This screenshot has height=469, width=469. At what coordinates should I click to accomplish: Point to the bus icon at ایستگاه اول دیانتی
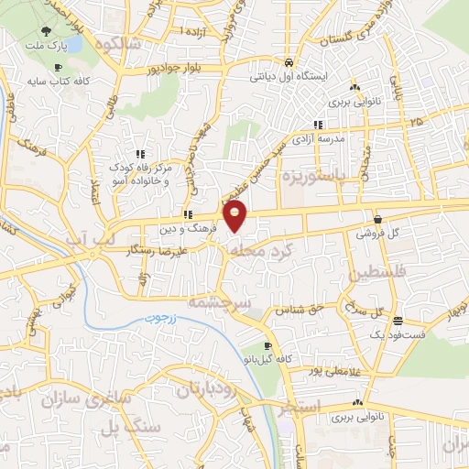point(289,62)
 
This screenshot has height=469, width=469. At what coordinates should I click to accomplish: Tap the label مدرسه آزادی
point(318,137)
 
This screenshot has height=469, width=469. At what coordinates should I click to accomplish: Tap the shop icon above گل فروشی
point(377,219)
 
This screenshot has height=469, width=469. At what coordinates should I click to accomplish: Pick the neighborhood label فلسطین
point(375,273)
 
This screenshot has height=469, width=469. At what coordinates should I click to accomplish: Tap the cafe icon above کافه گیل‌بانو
point(267,346)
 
